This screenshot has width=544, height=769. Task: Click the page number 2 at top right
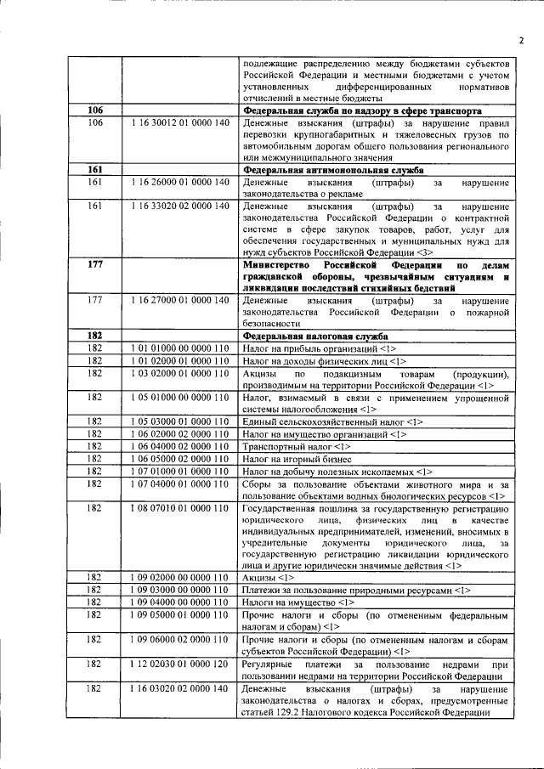[521, 39]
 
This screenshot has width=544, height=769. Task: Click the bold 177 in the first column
[95, 265]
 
